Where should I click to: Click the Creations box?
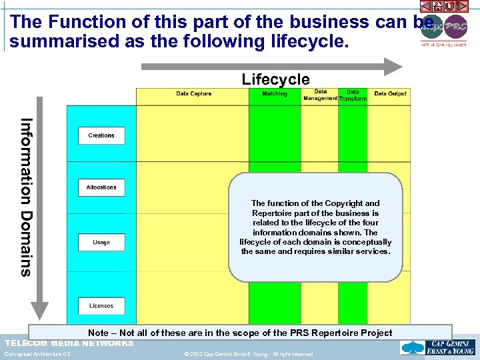pos(101,135)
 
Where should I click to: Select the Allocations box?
pos(101,187)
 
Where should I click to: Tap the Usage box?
pos(101,243)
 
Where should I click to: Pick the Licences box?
pos(101,306)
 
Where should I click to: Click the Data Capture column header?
pos(193,94)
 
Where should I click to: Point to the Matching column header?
pos(275,94)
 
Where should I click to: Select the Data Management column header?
pos(321,95)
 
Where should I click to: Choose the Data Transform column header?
pos(353,95)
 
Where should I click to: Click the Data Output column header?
pos(390,94)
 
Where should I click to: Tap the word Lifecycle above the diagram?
pos(275,80)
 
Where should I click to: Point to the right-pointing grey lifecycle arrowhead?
pos(394,66)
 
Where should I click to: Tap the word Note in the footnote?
pos(98,333)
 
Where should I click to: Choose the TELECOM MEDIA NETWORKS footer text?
pos(69,343)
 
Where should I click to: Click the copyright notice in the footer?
pos(249,354)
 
